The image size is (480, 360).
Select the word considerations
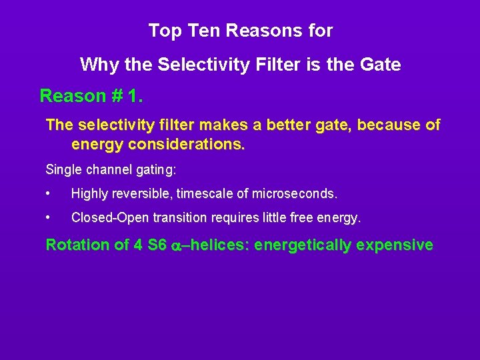tap(187, 144)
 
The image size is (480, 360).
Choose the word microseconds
tap(295, 195)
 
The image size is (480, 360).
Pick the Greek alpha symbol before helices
tap(177, 246)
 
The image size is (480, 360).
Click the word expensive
tap(395, 245)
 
